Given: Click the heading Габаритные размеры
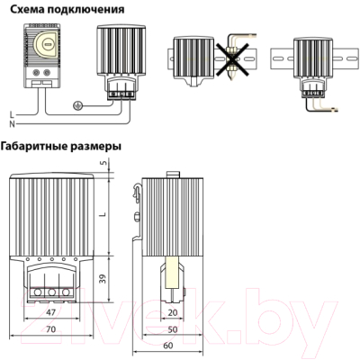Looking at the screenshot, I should coord(62,146).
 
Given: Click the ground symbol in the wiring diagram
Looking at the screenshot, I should coord(78,105).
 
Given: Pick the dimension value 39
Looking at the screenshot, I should coord(102,279).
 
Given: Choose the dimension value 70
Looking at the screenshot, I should coord(52,331).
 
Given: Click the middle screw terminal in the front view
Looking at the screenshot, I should coord(50,292).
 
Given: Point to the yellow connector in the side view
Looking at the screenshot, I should coord(173,274).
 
